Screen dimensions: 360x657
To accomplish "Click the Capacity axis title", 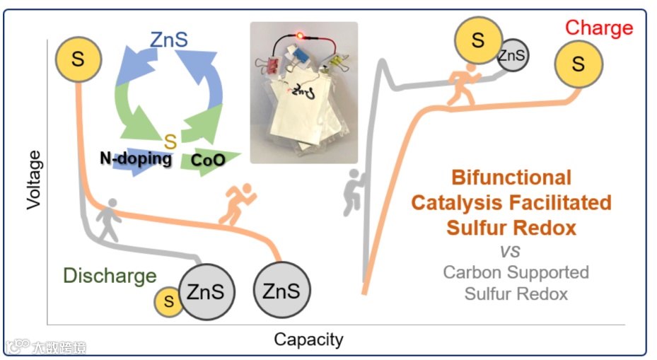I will pos(309,339).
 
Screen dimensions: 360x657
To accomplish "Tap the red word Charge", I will pos(598,28).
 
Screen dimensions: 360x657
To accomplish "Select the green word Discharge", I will pos(110,276).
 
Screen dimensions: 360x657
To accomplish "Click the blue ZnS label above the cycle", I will pos(169,40).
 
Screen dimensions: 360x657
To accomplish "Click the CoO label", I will pos(209,161).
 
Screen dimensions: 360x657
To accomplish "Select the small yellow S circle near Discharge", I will pos(168,302).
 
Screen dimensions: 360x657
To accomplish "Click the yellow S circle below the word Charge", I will pos(578,64).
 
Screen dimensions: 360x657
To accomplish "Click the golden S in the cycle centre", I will pos(170,141).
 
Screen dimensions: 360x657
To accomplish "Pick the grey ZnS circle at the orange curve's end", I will pos(281,290).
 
